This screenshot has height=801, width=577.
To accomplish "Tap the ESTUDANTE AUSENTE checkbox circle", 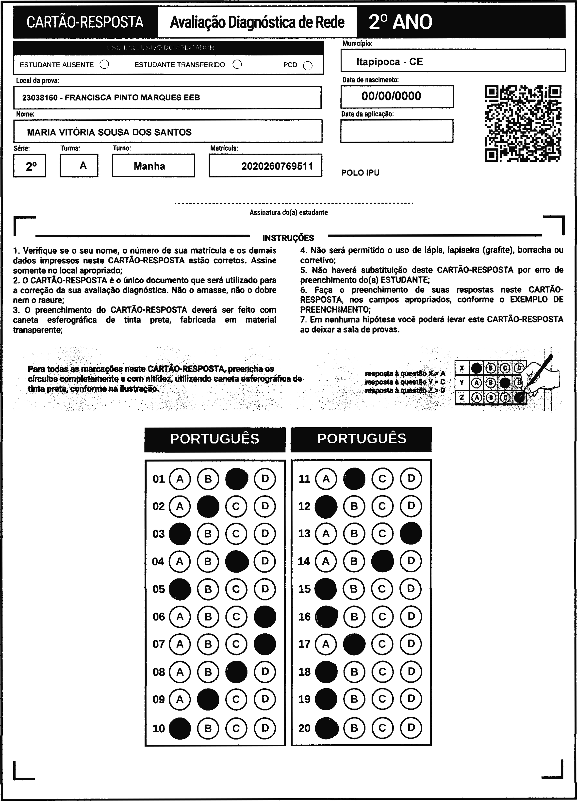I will coord(104,65).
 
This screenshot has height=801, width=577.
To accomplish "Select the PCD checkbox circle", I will coord(308,66).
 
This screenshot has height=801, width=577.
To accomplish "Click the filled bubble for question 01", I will coord(236,479).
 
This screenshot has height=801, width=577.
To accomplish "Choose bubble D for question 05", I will coord(265,589).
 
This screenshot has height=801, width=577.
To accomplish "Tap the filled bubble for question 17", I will coord(354,644).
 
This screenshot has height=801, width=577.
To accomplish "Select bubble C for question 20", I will coord(382,728).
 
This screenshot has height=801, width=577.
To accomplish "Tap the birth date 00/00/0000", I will coord(391,96).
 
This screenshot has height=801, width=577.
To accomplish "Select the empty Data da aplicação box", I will coord(396,131).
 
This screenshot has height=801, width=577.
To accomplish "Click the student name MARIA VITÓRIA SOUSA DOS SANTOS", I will coord(109,132).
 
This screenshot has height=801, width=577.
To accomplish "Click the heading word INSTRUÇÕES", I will coord(288,238).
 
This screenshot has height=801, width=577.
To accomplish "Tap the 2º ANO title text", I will coord(400,22).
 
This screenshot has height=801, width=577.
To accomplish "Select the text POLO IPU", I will coord(360,173).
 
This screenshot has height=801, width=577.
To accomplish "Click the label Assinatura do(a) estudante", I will coord(288,213).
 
